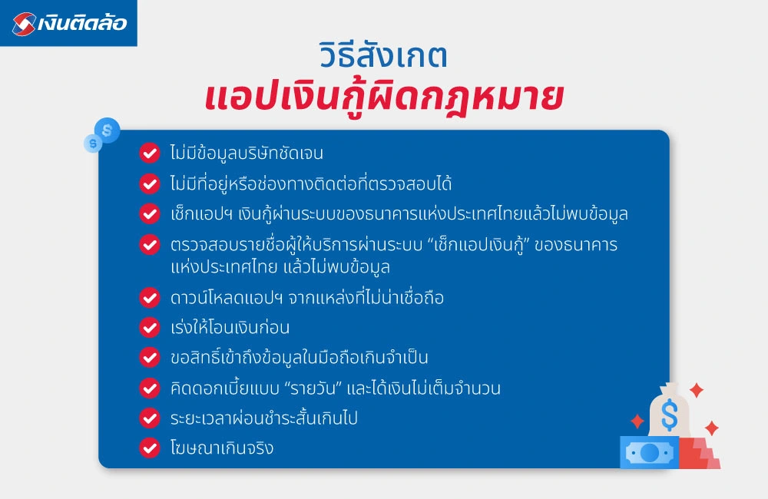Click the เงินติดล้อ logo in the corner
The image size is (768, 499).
click(68, 23)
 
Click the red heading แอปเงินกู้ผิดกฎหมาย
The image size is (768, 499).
click(384, 98)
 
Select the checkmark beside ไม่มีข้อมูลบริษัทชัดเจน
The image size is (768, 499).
click(149, 153)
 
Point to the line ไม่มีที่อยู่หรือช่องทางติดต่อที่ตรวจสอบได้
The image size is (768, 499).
click(310, 184)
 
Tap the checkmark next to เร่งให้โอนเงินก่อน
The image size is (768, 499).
click(149, 327)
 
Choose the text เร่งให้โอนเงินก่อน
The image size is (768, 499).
click(230, 328)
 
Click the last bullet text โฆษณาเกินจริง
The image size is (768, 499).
click(221, 448)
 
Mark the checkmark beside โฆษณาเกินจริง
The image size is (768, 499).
click(149, 447)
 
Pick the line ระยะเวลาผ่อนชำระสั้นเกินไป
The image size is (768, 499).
click(274, 418)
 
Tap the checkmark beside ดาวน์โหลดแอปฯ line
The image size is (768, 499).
click(149, 297)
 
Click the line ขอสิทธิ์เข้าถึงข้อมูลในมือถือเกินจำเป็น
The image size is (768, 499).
click(299, 358)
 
